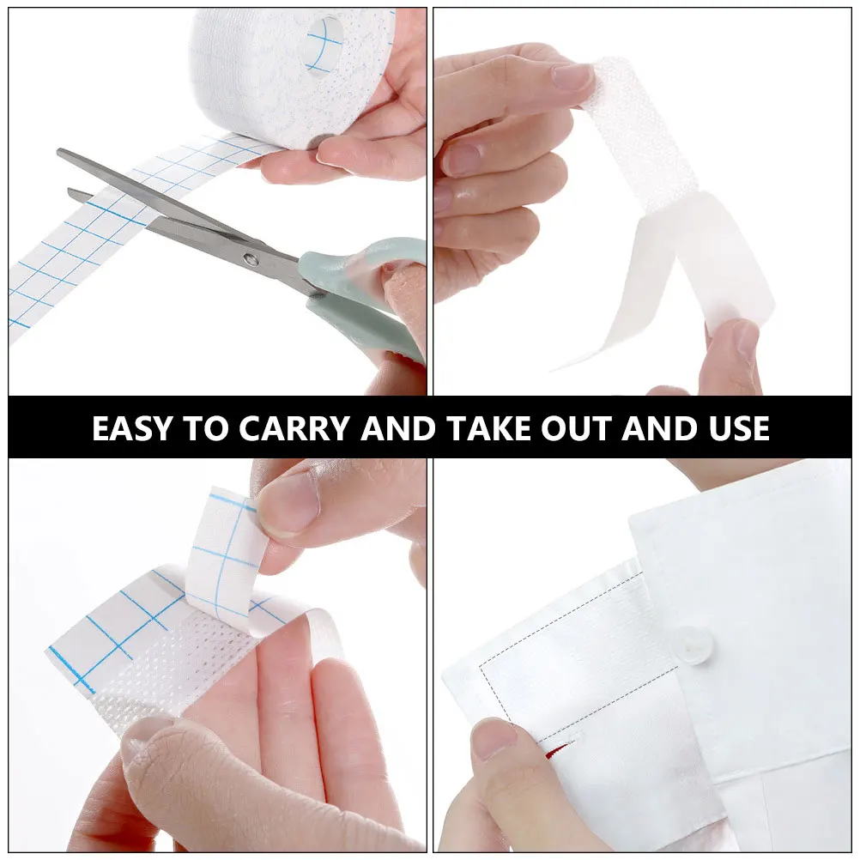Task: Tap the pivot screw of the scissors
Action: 250,257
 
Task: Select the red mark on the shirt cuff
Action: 548,754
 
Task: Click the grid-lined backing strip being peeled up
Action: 226,549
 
